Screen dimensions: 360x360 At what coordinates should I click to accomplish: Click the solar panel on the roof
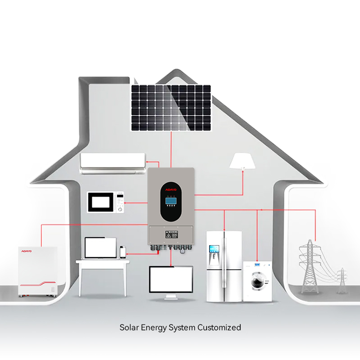(171, 108)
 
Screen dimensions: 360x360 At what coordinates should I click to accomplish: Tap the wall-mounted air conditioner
(112, 163)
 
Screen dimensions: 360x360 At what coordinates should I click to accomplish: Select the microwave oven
(105, 202)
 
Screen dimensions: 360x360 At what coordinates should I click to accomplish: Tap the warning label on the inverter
(171, 234)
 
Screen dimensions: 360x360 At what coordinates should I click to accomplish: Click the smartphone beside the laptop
(122, 252)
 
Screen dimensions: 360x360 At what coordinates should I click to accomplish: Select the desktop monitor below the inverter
(171, 279)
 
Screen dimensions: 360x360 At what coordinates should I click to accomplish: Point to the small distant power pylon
(342, 280)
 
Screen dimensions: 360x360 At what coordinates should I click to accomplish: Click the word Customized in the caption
(220, 328)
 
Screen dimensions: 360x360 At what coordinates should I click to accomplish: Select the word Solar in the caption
(128, 328)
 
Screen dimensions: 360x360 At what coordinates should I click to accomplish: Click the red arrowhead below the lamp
(243, 170)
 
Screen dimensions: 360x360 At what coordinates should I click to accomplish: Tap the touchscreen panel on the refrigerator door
(214, 248)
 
